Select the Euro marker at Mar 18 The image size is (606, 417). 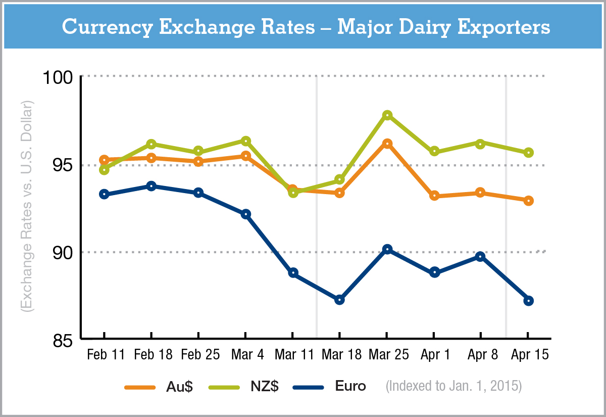(339, 300)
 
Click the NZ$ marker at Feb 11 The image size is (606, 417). (104, 170)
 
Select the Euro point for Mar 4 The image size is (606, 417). (245, 214)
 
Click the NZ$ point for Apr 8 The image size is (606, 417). (480, 144)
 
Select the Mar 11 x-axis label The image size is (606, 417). (292, 355)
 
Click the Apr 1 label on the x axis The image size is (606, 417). (435, 355)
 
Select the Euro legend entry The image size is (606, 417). (350, 387)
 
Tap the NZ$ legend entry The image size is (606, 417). (263, 387)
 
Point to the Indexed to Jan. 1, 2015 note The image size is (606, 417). (453, 387)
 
